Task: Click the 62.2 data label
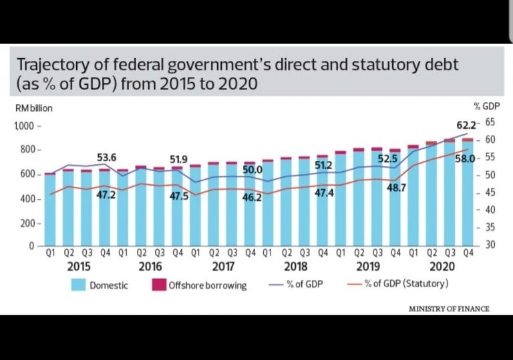click(x=448, y=124)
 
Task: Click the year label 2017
click(x=223, y=266)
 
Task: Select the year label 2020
click(x=442, y=266)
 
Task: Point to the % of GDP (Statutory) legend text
click(x=407, y=285)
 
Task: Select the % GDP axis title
click(x=485, y=106)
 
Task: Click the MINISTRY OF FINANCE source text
click(x=449, y=309)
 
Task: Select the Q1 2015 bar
click(x=50, y=210)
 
